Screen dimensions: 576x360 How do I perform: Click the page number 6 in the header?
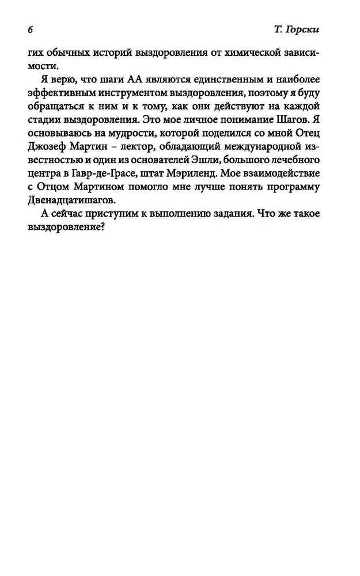pyautogui.click(x=29, y=29)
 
